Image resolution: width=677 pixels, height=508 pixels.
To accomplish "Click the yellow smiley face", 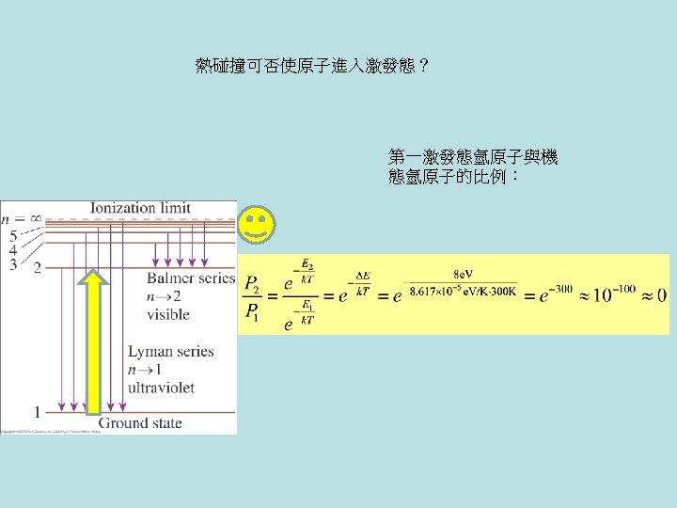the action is pyautogui.click(x=256, y=225).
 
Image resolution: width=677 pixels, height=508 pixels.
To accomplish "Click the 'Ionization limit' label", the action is pyautogui.click(x=141, y=208).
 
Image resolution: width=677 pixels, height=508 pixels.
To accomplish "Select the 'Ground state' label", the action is pyautogui.click(x=140, y=422).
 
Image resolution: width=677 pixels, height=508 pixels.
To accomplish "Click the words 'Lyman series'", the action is pyautogui.click(x=171, y=352).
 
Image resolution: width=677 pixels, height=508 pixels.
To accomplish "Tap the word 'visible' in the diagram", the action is pyautogui.click(x=168, y=314).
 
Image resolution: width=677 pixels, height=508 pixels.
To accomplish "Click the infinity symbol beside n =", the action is pyautogui.click(x=35, y=216).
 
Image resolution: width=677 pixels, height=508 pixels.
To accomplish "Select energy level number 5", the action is pyautogui.click(x=12, y=235).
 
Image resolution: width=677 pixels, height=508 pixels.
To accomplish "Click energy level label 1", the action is pyautogui.click(x=38, y=412).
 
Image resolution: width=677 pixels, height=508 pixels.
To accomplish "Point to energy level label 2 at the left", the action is pyautogui.click(x=38, y=268).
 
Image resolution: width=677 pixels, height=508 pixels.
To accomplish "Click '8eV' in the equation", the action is pyautogui.click(x=464, y=275).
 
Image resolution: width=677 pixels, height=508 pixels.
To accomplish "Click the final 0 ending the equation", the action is pyautogui.click(x=661, y=295).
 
